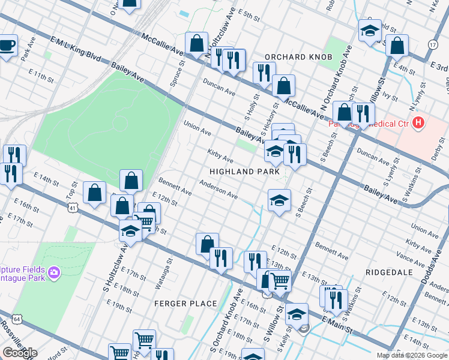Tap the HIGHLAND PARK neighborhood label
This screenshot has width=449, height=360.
(244, 172)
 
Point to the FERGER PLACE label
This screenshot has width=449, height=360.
(185, 304)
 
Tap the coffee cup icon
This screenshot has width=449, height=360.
(7, 46)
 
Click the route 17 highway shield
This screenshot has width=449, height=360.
(433, 45)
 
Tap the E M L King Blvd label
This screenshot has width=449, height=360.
(75, 47)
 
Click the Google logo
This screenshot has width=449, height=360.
(20, 353)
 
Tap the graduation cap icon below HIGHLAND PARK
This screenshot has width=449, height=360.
(279, 201)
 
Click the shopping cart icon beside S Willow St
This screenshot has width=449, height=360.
(280, 280)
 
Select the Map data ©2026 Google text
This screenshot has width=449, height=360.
(412, 355)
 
